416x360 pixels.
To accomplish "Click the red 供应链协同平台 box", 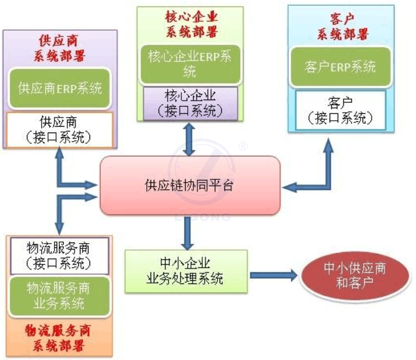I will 190,185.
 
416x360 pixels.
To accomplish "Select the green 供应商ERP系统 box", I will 59,87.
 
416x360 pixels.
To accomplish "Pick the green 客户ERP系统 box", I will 340,67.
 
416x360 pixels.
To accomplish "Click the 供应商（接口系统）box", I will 59,129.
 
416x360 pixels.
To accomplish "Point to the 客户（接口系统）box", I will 340,110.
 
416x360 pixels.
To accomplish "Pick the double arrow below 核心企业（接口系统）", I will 189,139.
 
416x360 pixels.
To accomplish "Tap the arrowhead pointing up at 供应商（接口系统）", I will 59,154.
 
